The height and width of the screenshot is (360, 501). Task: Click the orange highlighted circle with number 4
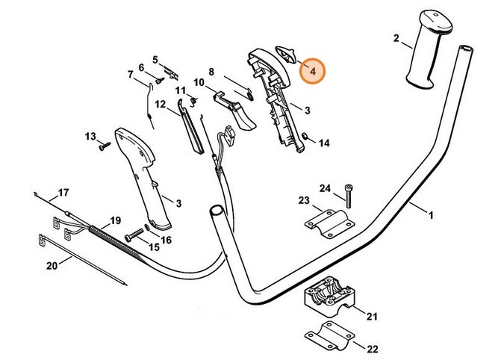314,71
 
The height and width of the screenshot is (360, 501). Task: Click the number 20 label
52,266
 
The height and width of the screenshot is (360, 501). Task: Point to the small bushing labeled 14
305,136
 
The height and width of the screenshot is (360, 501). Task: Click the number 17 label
63,192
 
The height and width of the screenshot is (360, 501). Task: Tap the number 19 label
114,220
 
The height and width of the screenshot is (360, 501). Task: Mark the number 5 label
155,59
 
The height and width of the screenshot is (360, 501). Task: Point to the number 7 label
130,75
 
